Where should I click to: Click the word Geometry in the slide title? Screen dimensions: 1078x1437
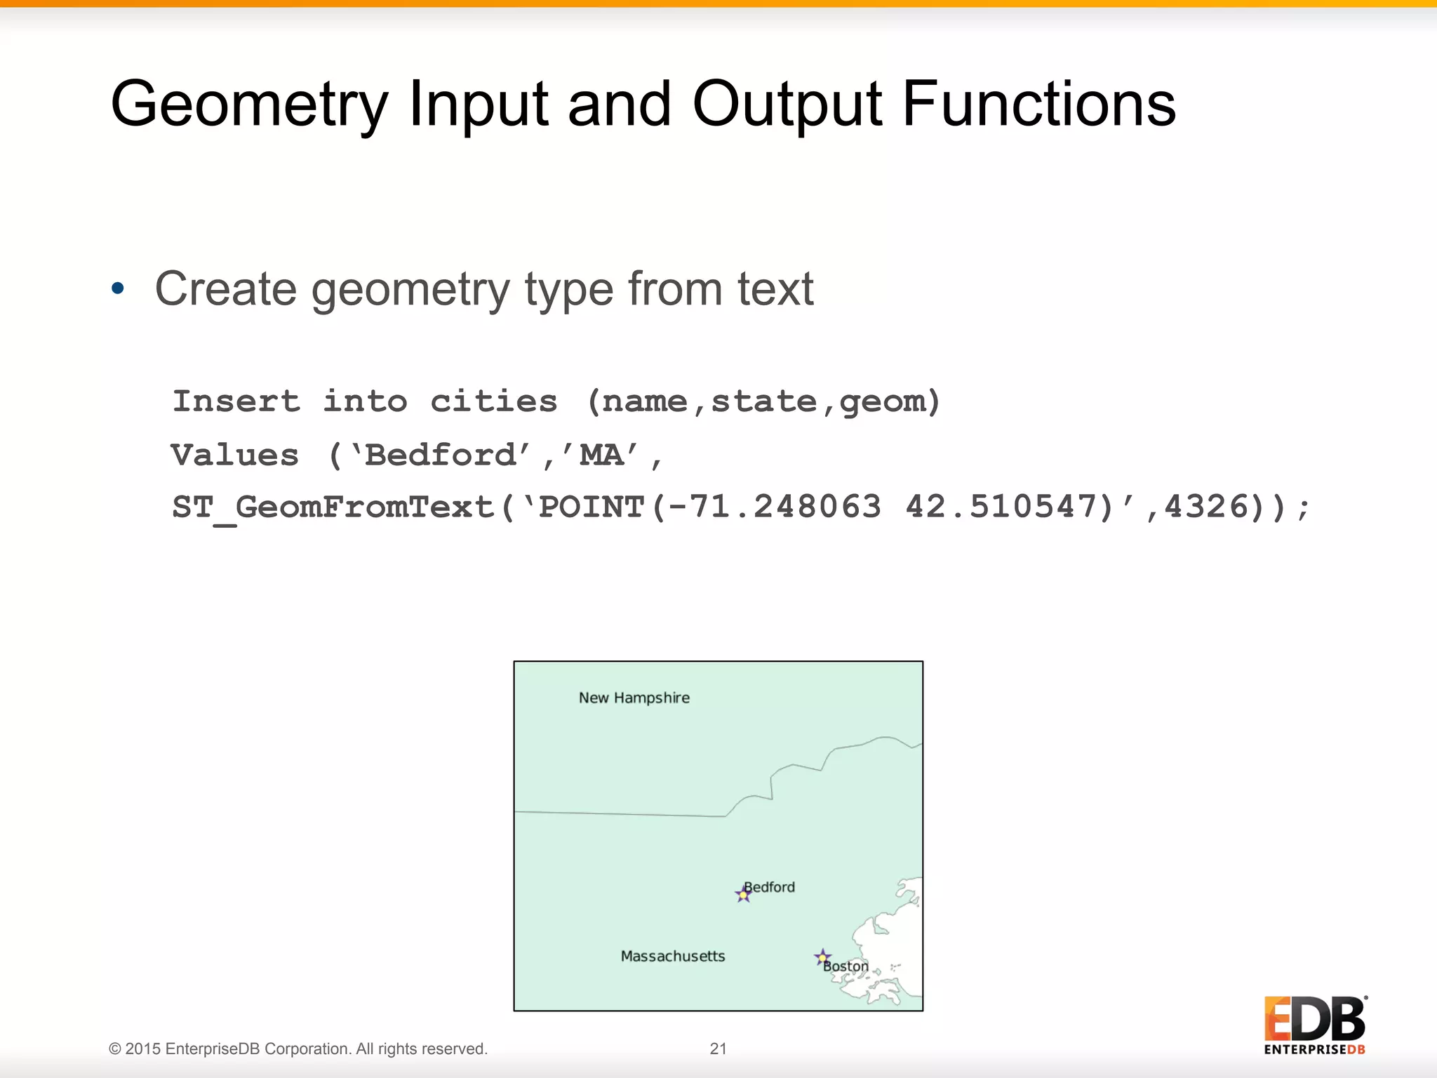point(249,105)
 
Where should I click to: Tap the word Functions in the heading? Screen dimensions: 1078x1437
point(1038,104)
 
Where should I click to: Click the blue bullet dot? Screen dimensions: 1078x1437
point(118,288)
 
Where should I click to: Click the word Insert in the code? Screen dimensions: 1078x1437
point(236,401)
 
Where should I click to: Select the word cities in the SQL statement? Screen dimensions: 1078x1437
point(494,401)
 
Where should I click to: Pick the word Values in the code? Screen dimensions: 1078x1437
point(235,455)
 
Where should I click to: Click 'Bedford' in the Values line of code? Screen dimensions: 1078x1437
point(441,455)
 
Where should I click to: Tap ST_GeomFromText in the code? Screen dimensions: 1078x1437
point(333,507)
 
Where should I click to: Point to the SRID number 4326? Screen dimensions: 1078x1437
point(1205,507)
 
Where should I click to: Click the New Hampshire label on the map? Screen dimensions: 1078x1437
point(634,698)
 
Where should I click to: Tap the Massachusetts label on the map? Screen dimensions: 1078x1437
point(673,956)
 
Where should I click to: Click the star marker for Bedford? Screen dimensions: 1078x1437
point(743,894)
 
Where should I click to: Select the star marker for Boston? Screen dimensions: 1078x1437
point(822,957)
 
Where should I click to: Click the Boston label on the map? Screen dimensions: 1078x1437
point(846,966)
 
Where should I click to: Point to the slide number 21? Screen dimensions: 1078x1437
point(718,1049)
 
